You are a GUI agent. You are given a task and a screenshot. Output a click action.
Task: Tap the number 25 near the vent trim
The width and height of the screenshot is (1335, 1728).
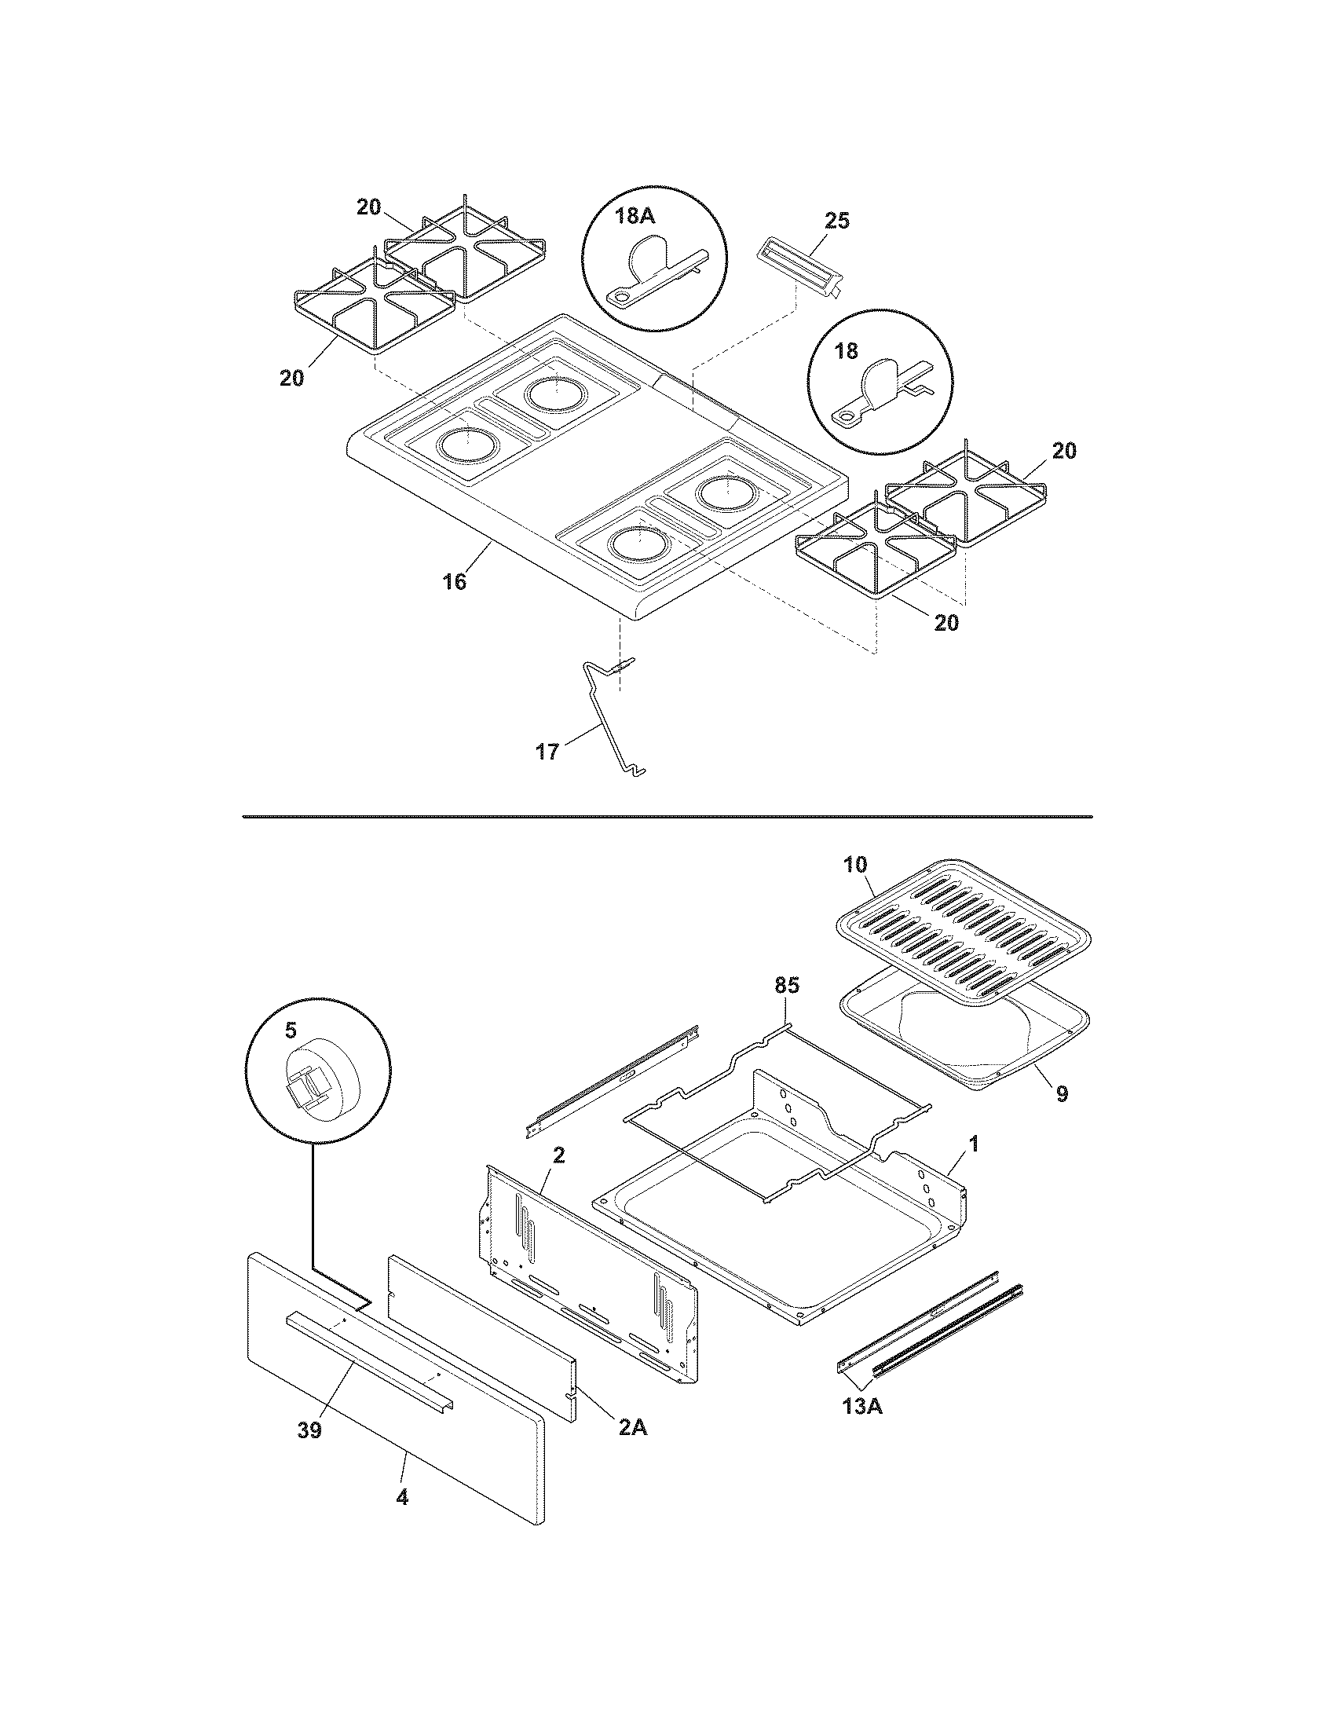tap(837, 221)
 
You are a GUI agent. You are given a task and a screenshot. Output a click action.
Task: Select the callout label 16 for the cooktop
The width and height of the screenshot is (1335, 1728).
tap(454, 582)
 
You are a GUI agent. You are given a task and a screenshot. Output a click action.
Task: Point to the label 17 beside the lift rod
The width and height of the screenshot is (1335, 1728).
tap(547, 751)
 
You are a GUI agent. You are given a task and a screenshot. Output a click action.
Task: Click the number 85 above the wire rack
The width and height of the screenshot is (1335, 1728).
tap(786, 985)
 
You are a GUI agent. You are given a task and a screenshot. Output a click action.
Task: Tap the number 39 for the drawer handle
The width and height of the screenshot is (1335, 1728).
tap(309, 1430)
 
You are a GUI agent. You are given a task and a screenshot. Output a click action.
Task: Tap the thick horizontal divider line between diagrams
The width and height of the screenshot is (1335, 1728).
tap(667, 817)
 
